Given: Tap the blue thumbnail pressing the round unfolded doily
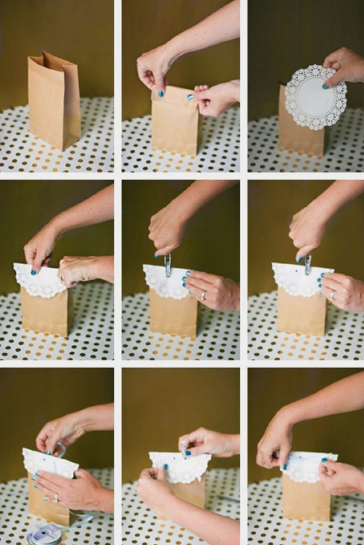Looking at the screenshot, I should pos(325,86).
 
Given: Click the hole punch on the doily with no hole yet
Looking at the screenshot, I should pos(168,264).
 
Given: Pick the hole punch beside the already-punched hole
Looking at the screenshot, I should pos(308,264).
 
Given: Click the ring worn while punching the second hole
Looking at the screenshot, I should pos(332,295).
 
